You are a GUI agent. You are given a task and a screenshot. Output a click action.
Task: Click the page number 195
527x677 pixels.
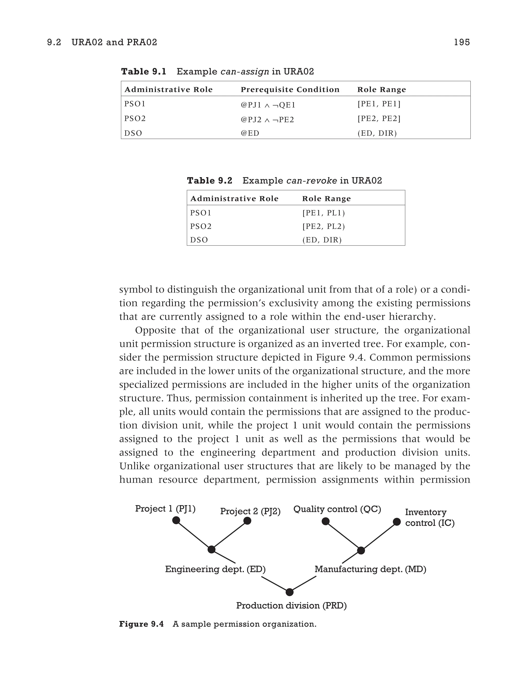[462, 42]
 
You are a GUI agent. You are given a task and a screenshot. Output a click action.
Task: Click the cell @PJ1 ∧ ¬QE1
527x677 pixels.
[268, 105]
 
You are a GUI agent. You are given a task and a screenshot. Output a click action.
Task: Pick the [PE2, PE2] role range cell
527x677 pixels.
[379, 119]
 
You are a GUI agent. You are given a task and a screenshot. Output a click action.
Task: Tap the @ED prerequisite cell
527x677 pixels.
[250, 133]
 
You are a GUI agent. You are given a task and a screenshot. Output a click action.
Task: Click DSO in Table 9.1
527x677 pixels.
[133, 133]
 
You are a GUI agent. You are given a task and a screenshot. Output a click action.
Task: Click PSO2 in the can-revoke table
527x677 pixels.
[201, 227]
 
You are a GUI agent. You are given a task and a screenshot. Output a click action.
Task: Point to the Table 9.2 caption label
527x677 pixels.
[209, 180]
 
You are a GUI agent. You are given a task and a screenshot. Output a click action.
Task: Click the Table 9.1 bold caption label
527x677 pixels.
[144, 71]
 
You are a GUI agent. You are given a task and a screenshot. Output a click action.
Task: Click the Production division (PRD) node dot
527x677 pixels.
[289, 592]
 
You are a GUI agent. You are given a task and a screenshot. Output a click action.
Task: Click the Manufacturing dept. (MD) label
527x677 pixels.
[370, 569]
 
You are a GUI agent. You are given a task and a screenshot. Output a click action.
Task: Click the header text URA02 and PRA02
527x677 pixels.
[114, 42]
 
